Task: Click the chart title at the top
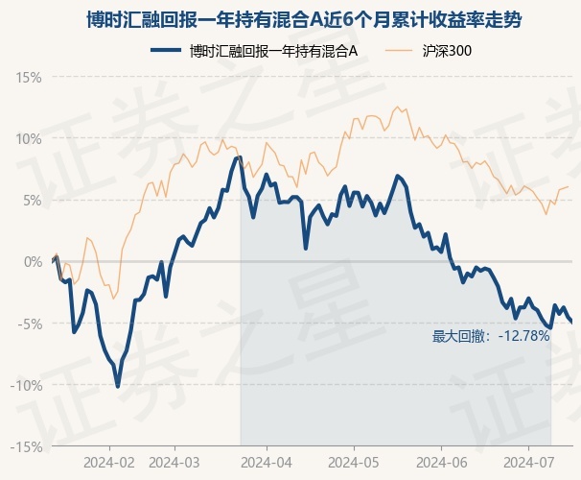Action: tap(304, 19)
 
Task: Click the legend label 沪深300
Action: tap(447, 51)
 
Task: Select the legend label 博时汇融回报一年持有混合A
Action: tap(273, 51)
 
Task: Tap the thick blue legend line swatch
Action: tap(166, 51)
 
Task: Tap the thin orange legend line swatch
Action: tap(399, 51)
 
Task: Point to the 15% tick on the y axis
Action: tap(28, 78)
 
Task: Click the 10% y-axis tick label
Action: tap(28, 139)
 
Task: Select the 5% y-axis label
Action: tap(33, 201)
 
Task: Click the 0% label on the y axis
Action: tap(33, 262)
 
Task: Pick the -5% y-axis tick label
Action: tap(30, 324)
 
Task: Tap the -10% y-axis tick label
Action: tap(26, 385)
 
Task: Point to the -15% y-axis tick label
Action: tap(26, 447)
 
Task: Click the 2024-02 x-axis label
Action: tap(109, 463)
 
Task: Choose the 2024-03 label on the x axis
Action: tap(174, 463)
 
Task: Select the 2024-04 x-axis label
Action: tap(267, 463)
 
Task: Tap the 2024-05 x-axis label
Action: tap(354, 463)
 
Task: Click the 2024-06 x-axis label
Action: tap(442, 463)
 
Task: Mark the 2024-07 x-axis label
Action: tap(529, 463)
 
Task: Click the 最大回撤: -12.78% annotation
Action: tap(491, 336)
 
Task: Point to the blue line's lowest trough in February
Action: tap(118, 387)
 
